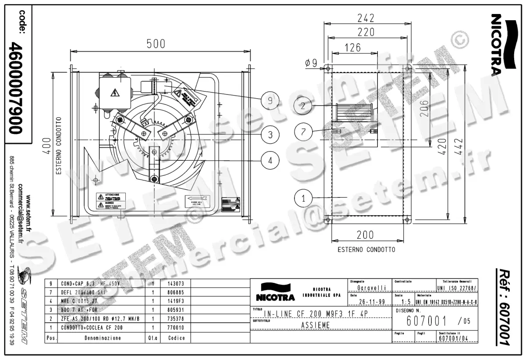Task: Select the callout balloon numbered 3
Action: point(270,134)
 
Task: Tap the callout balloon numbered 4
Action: point(270,161)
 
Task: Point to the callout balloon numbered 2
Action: point(303,105)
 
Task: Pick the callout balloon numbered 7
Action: point(303,131)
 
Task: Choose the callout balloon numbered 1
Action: point(303,198)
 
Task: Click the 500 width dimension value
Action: point(156,44)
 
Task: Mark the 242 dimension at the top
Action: point(366,18)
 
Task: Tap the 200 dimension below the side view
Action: point(365,235)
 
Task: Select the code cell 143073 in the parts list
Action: point(176,283)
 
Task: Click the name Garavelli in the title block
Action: point(371,288)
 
